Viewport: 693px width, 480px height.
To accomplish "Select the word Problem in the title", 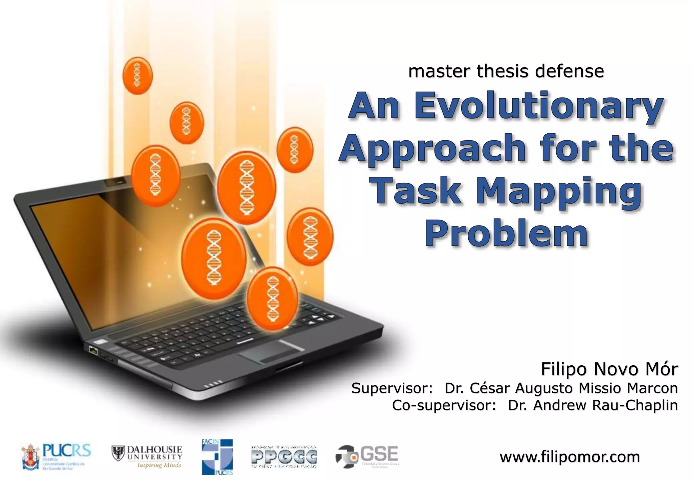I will coord(506,233).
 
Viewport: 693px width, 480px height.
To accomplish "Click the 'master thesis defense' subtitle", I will coord(506,71).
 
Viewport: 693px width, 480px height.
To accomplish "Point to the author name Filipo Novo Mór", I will coord(609,369).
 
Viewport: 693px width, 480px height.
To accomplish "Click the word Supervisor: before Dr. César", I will coord(392,388).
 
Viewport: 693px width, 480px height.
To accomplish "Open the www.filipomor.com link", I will coord(569,457).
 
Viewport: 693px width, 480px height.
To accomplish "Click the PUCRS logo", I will coord(56,457).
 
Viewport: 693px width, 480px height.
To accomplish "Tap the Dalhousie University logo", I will coord(147,457).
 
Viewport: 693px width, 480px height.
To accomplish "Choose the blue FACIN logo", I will coord(217,457).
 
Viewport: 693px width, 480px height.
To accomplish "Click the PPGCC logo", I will coord(284,457).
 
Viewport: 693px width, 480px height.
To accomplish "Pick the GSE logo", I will coord(367,457).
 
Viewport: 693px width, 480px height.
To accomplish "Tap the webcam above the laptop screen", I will coord(115,183).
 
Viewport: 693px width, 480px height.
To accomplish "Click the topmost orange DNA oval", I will coord(137,75).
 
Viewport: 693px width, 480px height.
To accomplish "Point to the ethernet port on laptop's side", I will coord(93,350).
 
